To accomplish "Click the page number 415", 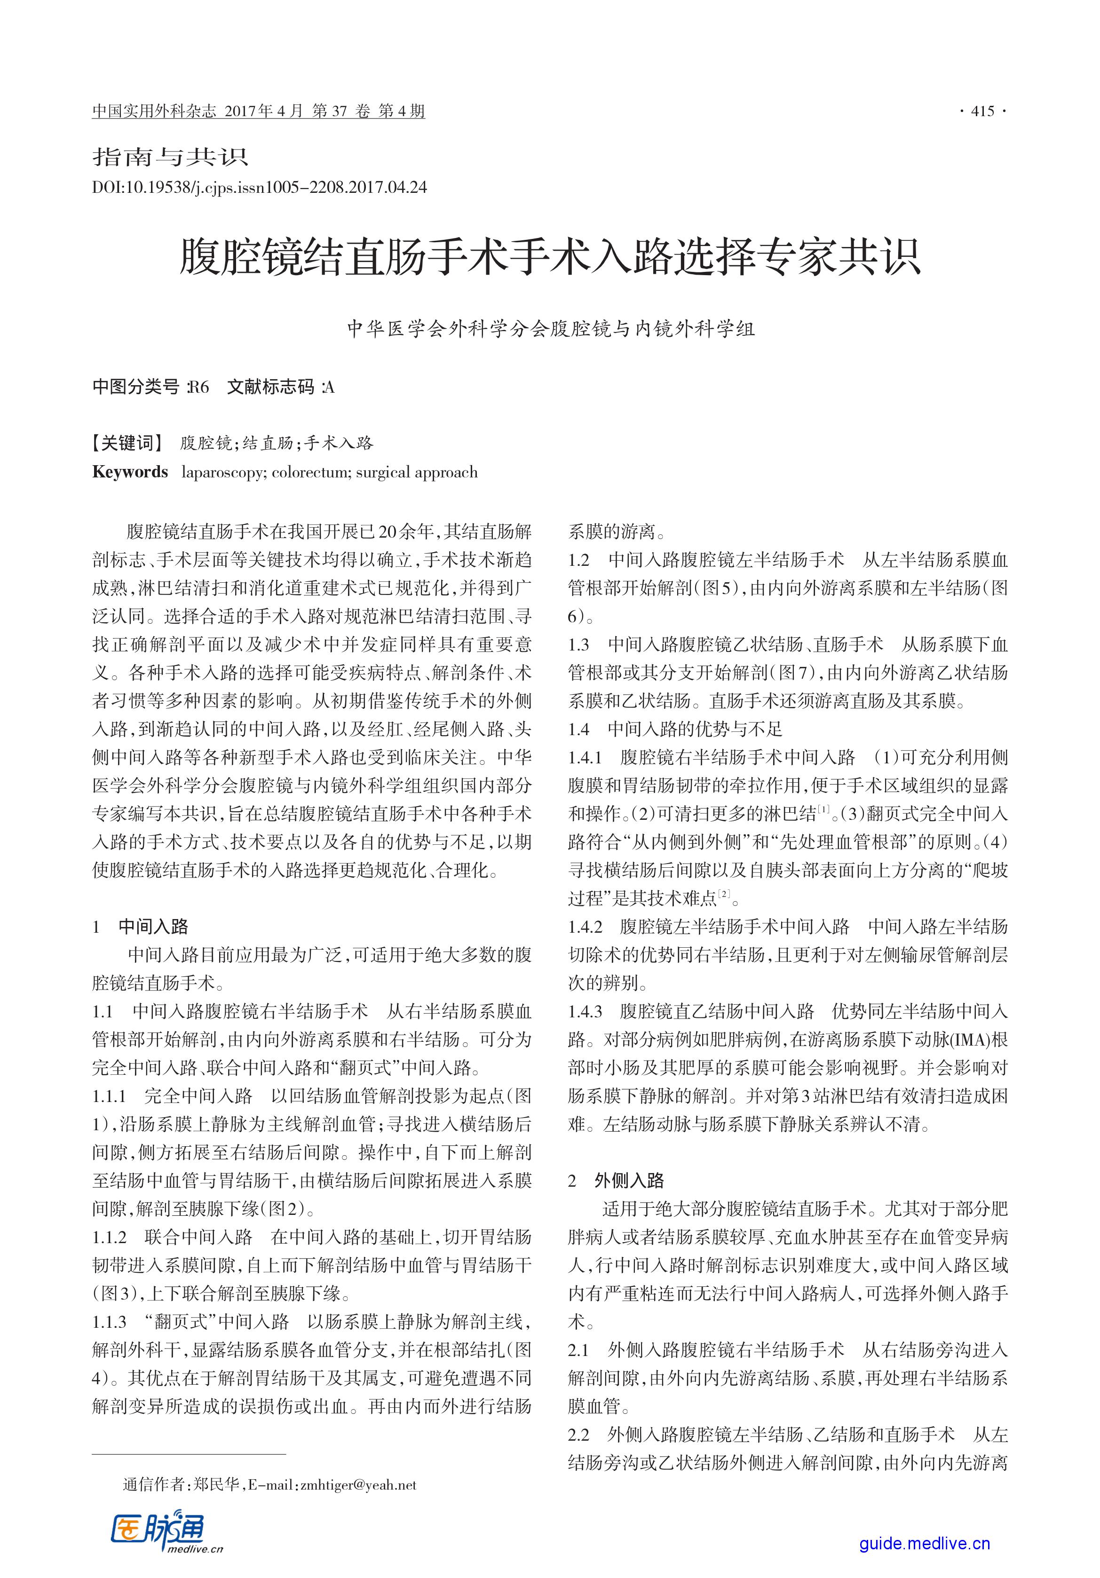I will (982, 111).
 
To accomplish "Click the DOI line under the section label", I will (259, 187).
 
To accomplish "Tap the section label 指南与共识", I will (170, 158).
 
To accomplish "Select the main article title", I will (550, 258).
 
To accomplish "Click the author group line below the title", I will (550, 329).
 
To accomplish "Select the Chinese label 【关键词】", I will (128, 443).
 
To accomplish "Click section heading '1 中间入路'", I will (141, 927).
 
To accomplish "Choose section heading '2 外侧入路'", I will (616, 1181).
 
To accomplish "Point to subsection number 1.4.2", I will (586, 927).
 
